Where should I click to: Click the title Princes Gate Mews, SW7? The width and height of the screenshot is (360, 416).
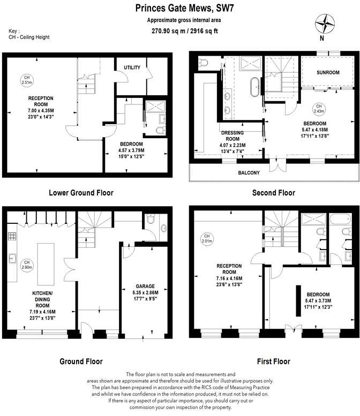[x=180, y=9]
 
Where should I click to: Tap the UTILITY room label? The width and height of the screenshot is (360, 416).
[x=132, y=67]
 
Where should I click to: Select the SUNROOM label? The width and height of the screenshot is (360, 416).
[x=327, y=72]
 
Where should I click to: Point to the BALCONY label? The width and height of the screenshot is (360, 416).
[x=249, y=172]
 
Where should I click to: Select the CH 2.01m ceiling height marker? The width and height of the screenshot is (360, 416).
[x=206, y=237]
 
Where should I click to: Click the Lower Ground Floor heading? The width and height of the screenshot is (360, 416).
[x=81, y=193]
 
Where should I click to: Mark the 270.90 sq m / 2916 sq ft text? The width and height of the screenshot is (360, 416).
[x=180, y=31]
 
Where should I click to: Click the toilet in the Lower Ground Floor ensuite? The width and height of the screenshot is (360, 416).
[x=160, y=130]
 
